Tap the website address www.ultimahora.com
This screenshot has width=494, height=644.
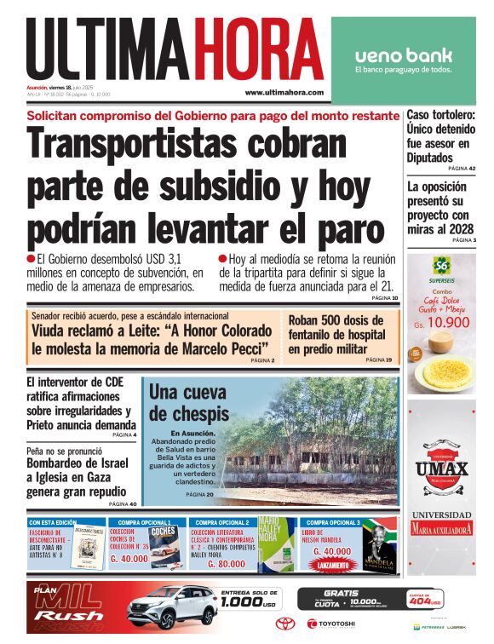pos(284,92)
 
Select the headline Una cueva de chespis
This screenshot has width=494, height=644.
pos(187,403)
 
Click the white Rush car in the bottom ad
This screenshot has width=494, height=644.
pos(174,610)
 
